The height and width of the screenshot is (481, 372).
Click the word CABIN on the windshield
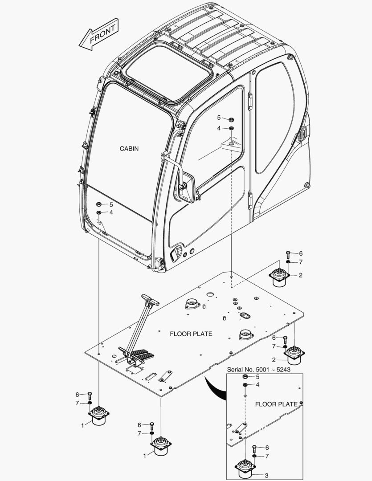(129, 149)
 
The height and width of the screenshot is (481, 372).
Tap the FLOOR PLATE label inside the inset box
(276, 404)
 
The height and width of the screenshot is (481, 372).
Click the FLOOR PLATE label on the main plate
(191, 334)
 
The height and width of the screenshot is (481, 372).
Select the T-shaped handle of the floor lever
(150, 300)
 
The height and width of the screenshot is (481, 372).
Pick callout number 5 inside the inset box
(257, 377)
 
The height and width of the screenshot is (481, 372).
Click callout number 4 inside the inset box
(257, 384)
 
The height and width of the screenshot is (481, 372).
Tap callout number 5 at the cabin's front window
(111, 205)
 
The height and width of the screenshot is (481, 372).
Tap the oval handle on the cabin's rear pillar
(302, 133)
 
